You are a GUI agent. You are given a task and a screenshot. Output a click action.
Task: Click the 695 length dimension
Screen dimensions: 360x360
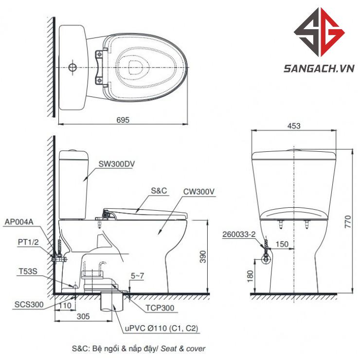(x=123, y=120)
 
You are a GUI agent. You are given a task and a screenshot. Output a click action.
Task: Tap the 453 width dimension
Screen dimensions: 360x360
(x=294, y=126)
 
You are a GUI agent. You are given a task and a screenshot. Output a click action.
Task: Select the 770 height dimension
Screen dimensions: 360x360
(x=348, y=221)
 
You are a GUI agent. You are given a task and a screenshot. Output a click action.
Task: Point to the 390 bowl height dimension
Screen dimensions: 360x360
(x=203, y=256)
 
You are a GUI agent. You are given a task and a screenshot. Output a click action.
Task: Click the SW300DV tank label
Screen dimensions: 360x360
(x=117, y=164)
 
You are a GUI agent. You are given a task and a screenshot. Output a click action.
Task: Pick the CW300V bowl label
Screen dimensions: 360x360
(x=199, y=192)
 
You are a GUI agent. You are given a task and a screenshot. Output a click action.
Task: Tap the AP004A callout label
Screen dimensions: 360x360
(x=19, y=222)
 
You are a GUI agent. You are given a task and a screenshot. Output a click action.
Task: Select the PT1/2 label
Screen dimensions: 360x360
(x=28, y=242)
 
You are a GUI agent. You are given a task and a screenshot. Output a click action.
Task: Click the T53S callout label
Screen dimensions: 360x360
(x=28, y=271)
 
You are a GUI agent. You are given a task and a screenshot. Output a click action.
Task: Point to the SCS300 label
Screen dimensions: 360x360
(x=29, y=305)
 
